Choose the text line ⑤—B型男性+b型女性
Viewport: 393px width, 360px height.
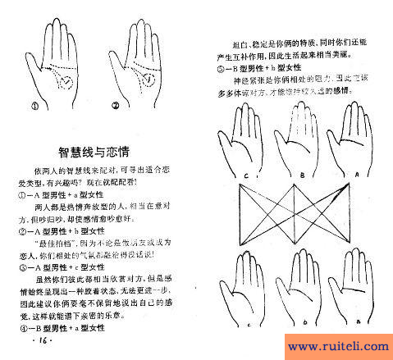[x=261, y=69]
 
